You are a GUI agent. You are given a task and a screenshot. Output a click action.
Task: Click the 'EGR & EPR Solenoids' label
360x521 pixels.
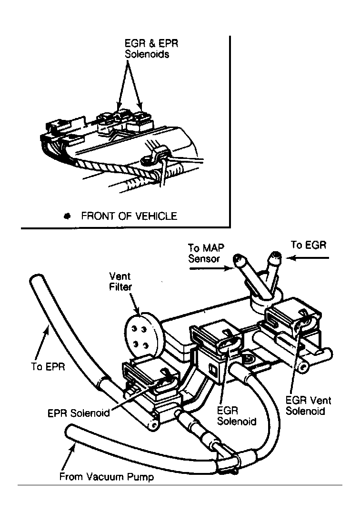[149, 48]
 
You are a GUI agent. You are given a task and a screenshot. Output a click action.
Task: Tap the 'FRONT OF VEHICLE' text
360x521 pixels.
[129, 216]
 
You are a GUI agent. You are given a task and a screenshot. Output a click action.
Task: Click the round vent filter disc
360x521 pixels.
[140, 329]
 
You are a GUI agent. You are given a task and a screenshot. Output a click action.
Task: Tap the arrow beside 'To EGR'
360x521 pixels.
[310, 258]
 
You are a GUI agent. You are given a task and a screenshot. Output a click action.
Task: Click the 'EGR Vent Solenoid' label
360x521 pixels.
[308, 405]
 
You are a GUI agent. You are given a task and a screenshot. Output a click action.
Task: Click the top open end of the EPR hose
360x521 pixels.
[35, 280]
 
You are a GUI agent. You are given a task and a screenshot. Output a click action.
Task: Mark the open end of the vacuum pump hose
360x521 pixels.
[69, 431]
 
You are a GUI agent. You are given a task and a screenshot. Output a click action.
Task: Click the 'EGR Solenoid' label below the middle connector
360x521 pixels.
[236, 416]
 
